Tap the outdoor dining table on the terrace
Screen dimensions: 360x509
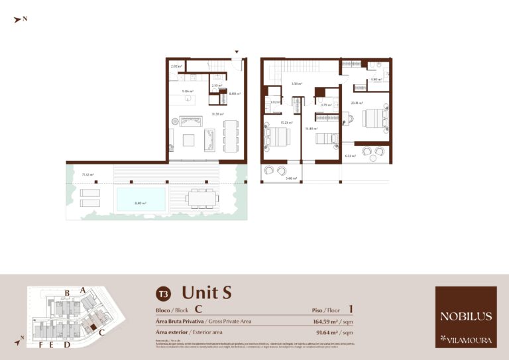[201, 198]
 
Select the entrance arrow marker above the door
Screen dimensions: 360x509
[237, 51]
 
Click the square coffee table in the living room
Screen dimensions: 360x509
[190, 139]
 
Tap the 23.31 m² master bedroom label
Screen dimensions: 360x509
[357, 103]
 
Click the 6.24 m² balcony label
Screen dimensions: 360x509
[351, 156]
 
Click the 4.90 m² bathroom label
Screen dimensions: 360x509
[376, 80]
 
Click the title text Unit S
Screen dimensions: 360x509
[207, 292]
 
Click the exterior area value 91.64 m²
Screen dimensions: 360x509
[330, 332]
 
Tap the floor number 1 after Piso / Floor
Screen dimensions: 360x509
[351, 309]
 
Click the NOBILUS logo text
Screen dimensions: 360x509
[465, 316]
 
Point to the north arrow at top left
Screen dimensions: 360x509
[19, 20]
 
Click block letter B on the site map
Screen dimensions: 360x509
[67, 292]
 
